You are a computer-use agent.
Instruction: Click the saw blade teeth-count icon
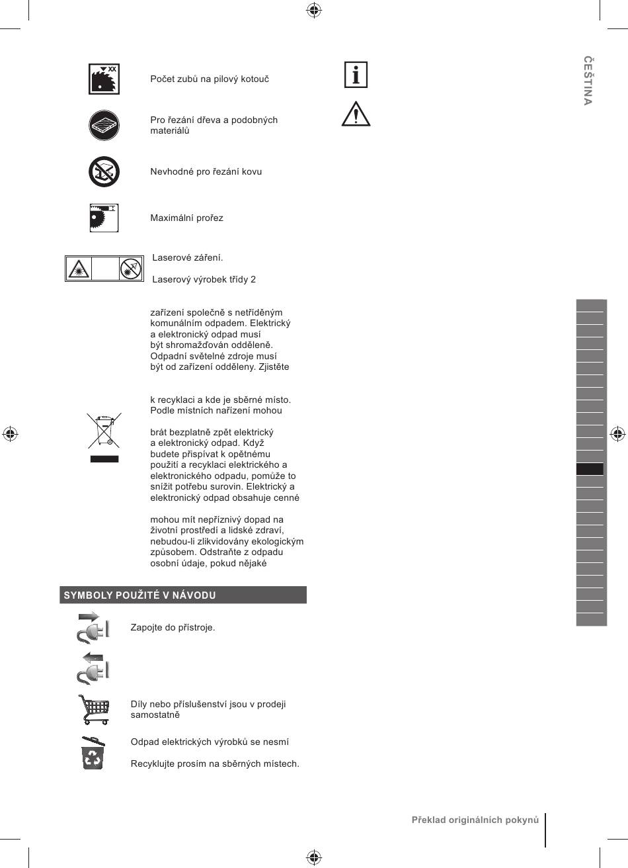[x=104, y=79]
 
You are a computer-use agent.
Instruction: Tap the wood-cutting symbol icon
[x=104, y=125]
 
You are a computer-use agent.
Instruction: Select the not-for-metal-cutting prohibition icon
[x=104, y=172]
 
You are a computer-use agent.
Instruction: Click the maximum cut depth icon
[x=104, y=218]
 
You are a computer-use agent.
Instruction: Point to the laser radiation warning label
[x=104, y=269]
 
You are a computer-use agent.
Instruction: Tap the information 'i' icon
[x=356, y=75]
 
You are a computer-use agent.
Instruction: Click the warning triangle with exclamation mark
[x=356, y=114]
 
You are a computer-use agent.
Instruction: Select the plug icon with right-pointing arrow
[x=93, y=628]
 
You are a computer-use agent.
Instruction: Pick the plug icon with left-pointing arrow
[x=93, y=668]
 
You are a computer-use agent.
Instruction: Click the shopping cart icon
[x=93, y=709]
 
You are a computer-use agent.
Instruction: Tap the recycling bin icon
[x=93, y=753]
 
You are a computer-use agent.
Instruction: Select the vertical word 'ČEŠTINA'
[x=588, y=81]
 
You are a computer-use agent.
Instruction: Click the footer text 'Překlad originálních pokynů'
[x=475, y=820]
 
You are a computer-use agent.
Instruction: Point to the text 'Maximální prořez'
[x=186, y=218]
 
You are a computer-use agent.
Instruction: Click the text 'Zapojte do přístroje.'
[x=173, y=627]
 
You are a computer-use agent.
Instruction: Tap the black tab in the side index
[x=590, y=469]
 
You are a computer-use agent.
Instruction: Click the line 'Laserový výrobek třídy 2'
[x=204, y=279]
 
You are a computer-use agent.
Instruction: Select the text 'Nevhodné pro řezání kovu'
[x=206, y=172]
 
